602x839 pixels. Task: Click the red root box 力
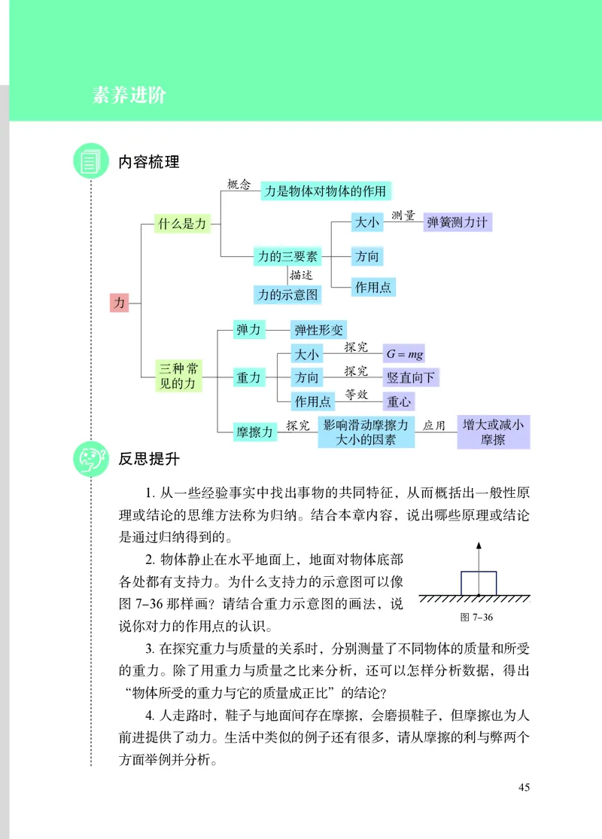pos(119,303)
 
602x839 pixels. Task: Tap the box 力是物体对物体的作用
pos(327,191)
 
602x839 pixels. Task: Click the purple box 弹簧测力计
pos(458,221)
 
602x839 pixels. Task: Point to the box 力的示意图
pos(287,294)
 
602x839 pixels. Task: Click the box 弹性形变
pos(318,331)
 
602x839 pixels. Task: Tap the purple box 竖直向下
pos(411,377)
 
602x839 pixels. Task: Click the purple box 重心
pos(399,401)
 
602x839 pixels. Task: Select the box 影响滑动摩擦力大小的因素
pos(366,432)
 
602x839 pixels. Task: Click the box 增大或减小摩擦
pos(493,432)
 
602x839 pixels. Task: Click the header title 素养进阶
pos(129,96)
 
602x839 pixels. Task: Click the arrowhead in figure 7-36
pos(479,545)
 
